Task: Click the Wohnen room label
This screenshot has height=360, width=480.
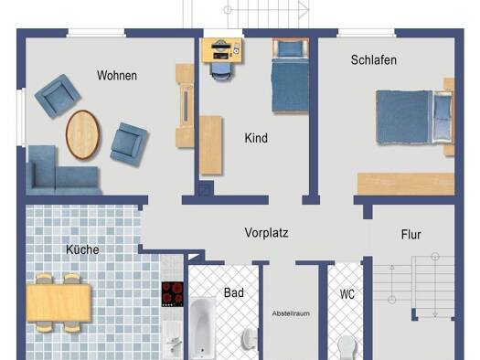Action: coord(117,76)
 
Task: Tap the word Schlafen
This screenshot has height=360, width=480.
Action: coord(373,60)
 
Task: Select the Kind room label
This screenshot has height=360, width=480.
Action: coord(256,138)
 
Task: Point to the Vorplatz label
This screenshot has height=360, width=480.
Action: coord(266,233)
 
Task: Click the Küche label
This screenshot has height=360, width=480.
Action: coord(82,249)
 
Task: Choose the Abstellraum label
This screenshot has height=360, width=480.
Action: coord(291,313)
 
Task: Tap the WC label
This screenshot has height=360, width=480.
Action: coord(347,294)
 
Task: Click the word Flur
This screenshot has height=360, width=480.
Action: coord(411,235)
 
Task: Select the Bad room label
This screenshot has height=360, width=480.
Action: coord(234,292)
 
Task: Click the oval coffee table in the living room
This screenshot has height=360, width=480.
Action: coord(82,134)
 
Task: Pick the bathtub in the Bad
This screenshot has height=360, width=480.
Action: coord(202,328)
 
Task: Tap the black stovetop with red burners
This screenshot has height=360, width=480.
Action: coord(173,294)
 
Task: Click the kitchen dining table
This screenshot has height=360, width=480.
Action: coord(59,302)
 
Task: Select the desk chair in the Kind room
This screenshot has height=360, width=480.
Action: coord(220,72)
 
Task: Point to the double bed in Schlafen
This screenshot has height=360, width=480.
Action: coord(414,117)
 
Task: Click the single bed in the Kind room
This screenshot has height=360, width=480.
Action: coord(290,76)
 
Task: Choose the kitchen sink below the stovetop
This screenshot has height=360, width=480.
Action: coord(173,340)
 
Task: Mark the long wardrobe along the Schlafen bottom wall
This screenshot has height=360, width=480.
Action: coord(406,184)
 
